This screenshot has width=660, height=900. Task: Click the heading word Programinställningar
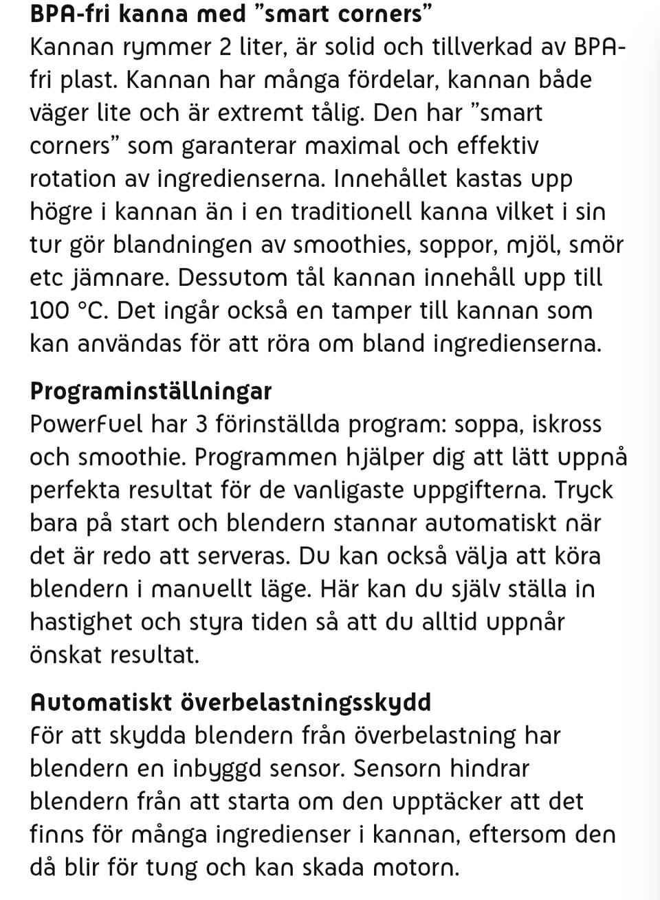click(151, 392)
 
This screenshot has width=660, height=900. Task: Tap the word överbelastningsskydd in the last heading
click(306, 702)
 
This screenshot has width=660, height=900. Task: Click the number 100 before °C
click(49, 311)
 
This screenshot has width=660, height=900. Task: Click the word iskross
click(567, 425)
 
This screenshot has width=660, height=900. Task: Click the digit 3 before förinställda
click(201, 425)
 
